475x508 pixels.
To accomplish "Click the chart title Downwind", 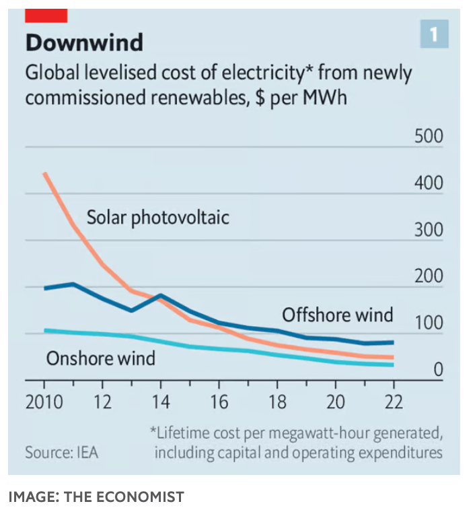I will point(84,42).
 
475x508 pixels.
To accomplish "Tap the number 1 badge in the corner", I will point(434,34).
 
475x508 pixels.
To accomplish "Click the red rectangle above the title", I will point(46,15).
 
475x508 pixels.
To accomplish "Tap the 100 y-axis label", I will point(428,323).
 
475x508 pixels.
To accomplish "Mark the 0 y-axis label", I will point(437,369).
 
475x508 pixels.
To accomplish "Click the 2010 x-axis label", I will point(44,402).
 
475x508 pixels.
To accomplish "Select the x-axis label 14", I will point(161,402).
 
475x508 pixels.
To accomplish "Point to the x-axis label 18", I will point(277,402).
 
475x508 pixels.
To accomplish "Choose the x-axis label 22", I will point(392,402).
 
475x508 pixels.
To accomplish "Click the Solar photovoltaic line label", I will point(157,218).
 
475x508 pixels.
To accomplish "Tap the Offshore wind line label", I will point(337,315).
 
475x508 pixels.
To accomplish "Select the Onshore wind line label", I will point(100,358).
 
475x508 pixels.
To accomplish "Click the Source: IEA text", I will point(61,452).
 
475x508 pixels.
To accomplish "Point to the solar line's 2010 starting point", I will point(44,173).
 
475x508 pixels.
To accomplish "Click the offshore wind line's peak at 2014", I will point(161,295).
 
